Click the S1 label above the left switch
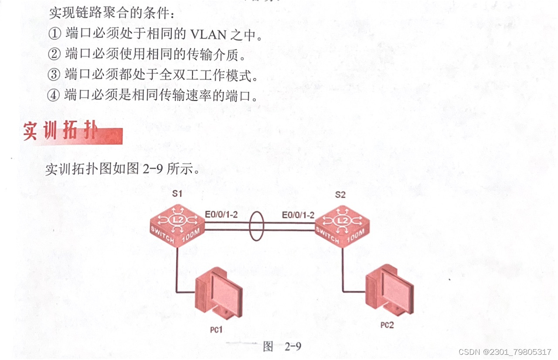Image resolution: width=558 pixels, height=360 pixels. click(176, 194)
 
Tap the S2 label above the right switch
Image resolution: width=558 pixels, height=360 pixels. click(340, 194)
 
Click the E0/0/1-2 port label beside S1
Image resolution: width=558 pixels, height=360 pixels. click(221, 215)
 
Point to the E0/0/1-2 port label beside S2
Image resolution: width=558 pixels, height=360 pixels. click(298, 215)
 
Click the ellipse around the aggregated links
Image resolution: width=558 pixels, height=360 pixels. click(256, 227)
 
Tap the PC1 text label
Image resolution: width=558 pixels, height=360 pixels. click(215, 329)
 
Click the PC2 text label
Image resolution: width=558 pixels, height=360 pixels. click(387, 325)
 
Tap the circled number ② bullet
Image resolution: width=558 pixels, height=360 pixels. click(54, 54)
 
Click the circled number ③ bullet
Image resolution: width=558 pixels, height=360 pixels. click(54, 75)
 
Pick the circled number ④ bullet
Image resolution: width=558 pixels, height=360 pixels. click(54, 95)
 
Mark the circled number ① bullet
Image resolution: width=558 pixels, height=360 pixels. click(54, 34)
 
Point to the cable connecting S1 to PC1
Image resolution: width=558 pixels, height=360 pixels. click(177, 272)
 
